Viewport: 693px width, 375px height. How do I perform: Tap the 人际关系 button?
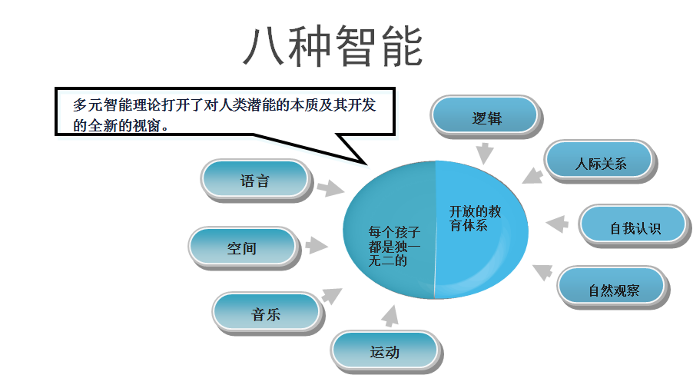point(600,163)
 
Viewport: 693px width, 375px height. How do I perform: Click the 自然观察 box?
point(613,290)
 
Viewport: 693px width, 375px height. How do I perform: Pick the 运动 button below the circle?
point(385,352)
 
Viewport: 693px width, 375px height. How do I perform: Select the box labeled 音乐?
point(266,314)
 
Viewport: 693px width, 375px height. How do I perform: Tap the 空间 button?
point(242,248)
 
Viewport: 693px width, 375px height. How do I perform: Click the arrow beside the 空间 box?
point(316,246)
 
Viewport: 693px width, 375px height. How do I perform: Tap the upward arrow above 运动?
point(390,315)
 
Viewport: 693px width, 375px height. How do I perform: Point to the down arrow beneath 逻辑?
point(484,152)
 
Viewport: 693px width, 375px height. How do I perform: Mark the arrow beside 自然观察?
point(543,270)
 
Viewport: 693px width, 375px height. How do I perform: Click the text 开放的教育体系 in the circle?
point(475,218)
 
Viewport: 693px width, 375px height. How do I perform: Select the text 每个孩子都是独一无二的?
point(394,246)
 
